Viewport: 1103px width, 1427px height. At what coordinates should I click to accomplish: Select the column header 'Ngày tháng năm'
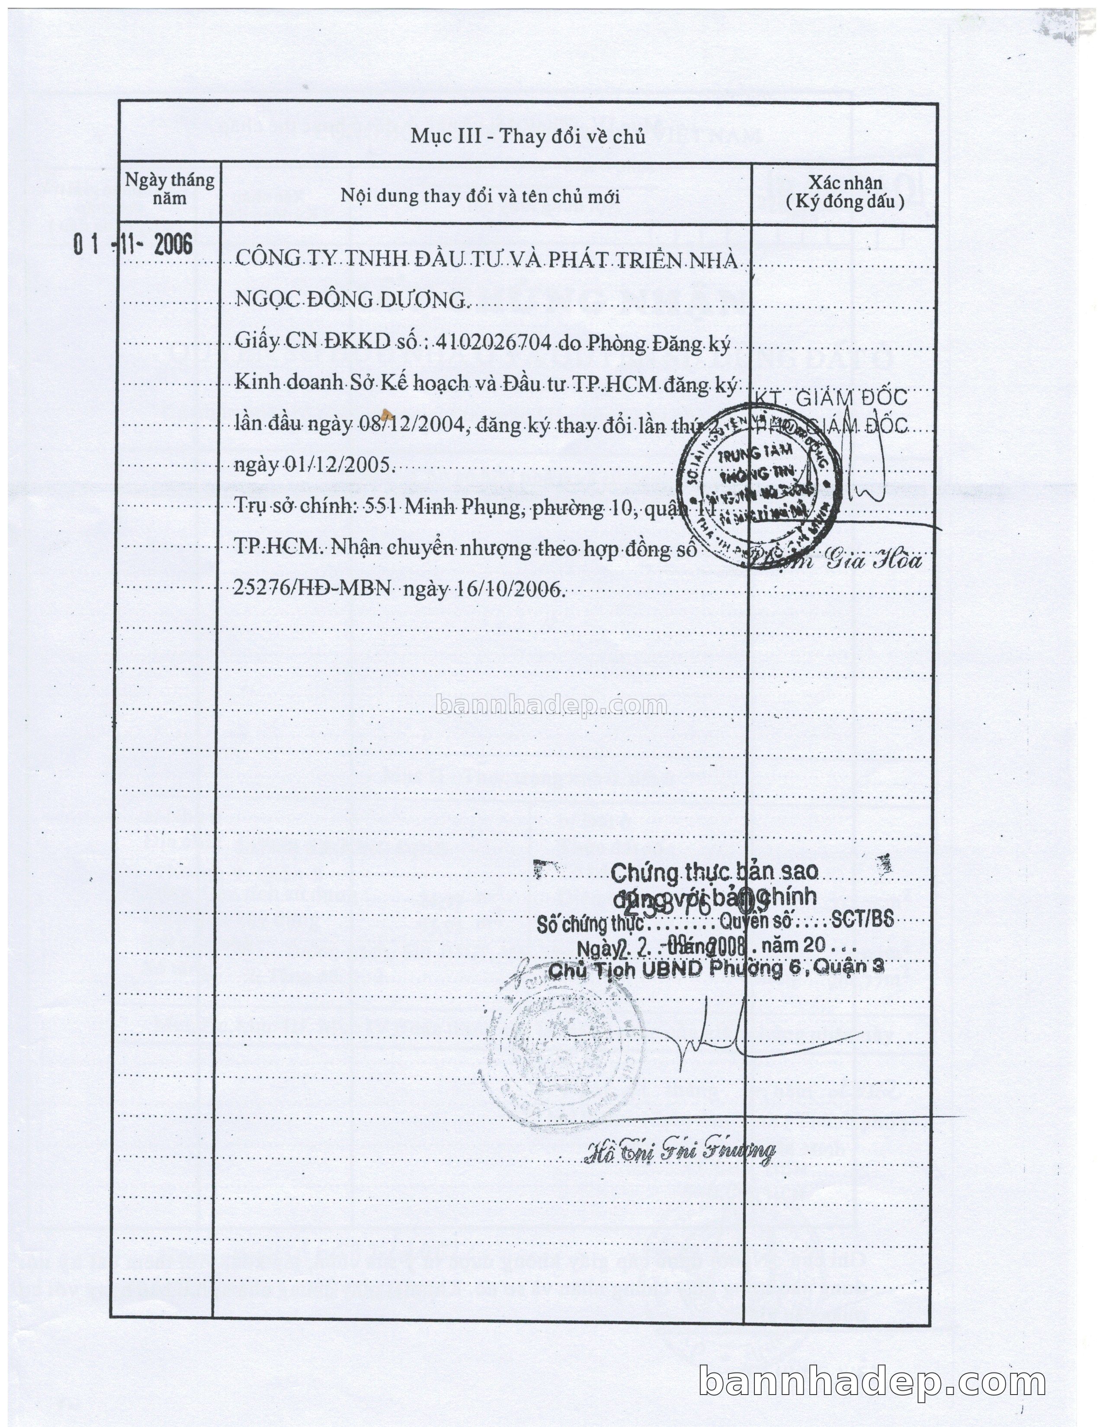[170, 189]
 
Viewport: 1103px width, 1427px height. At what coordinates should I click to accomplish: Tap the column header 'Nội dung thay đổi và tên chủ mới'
[480, 196]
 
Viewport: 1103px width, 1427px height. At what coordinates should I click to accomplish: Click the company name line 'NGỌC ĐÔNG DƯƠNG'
[349, 300]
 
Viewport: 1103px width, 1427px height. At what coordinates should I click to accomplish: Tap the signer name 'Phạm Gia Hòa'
[837, 560]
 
